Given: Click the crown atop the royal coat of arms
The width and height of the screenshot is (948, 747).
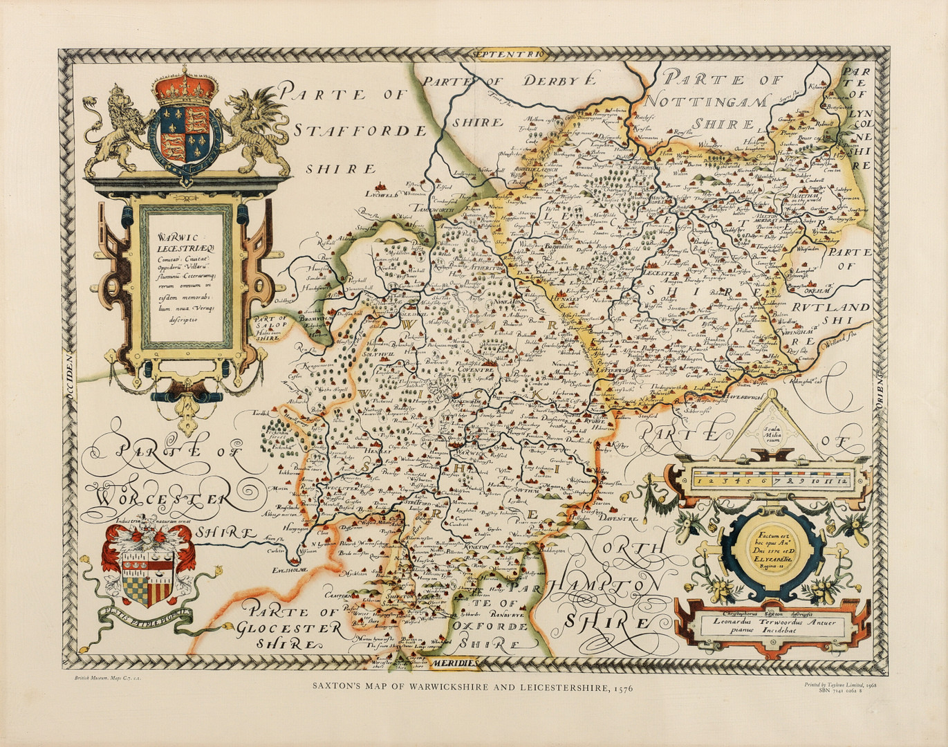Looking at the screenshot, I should [185, 85].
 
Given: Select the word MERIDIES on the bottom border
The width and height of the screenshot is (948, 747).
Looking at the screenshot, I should [454, 663].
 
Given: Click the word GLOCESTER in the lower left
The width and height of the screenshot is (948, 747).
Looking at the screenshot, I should [287, 628].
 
